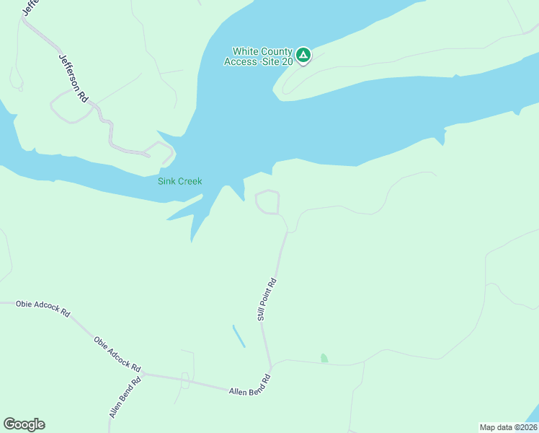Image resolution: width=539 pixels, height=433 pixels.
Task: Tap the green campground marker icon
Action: click(303, 54)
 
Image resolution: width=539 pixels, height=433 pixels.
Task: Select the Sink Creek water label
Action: click(180, 181)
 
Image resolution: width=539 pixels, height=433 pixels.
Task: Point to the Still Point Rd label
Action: click(266, 299)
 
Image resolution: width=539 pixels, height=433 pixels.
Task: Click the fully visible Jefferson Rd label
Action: click(69, 77)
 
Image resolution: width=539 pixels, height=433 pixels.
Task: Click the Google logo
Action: click(24, 424)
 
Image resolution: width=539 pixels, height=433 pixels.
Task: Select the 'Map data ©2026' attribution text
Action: click(508, 427)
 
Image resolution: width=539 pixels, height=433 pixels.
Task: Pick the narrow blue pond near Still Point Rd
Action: click(239, 336)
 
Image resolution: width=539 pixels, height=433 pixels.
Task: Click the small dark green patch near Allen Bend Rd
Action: click(324, 358)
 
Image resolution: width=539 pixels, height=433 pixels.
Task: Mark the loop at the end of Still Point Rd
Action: click(268, 202)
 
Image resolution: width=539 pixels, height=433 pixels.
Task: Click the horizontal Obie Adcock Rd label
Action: click(43, 309)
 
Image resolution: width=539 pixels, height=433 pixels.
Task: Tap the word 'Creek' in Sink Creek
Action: click(190, 181)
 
